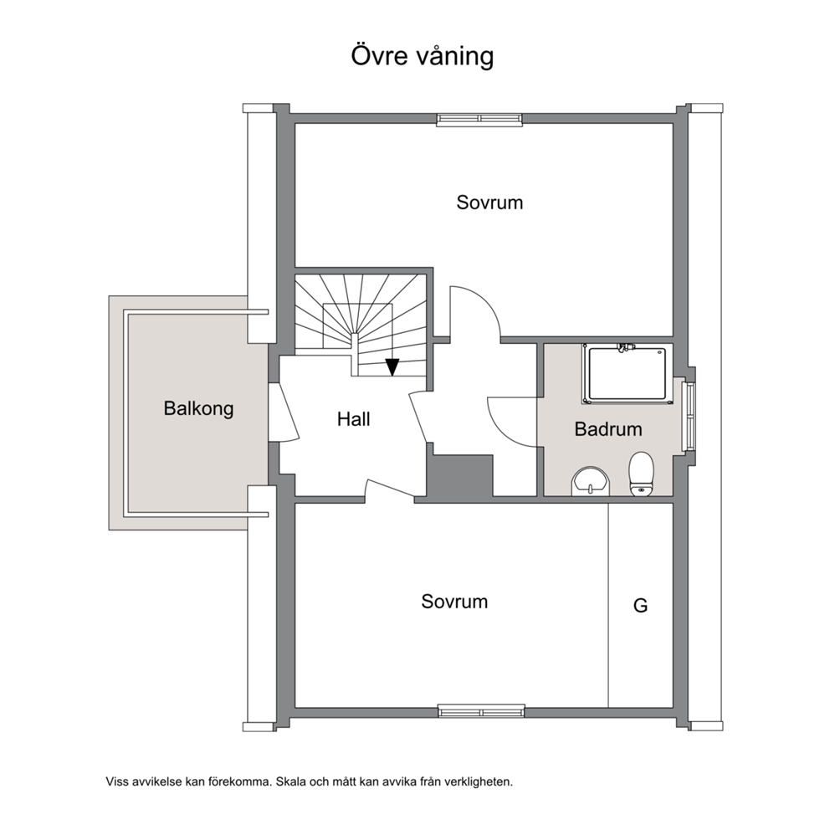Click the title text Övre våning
(x=422, y=56)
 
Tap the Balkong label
(x=198, y=408)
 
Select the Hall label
(x=354, y=419)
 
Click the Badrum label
(x=608, y=428)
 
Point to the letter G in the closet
(x=641, y=605)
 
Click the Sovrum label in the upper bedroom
(x=489, y=202)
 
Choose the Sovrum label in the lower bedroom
(x=454, y=602)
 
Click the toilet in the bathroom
(x=642, y=474)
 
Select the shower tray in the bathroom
(x=628, y=374)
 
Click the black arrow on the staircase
(x=392, y=366)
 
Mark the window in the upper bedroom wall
(x=479, y=120)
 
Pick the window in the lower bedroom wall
(x=481, y=711)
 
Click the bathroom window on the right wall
(x=689, y=417)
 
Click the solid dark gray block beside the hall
(x=460, y=474)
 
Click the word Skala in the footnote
(x=289, y=781)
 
